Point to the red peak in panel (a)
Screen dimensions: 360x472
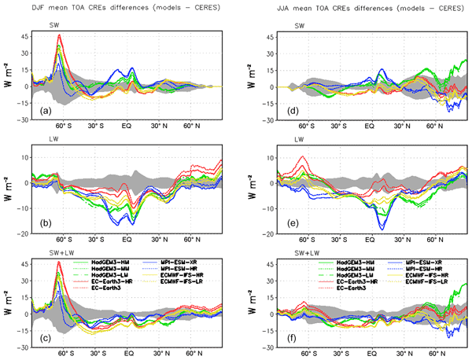59,35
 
